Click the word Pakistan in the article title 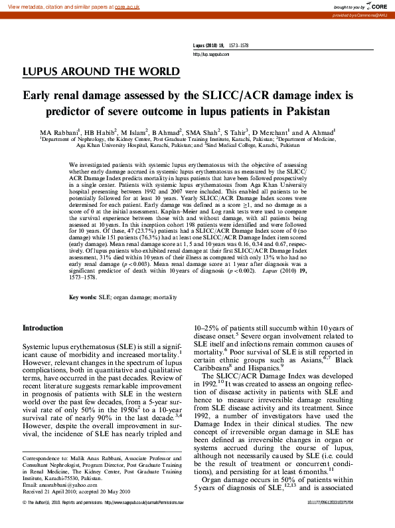click(307, 111)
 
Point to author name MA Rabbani click(60, 132)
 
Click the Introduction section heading click(43, 328)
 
